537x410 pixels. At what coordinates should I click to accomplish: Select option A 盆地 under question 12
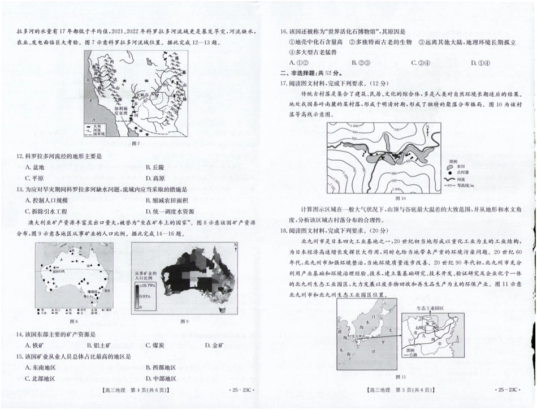(x=35, y=167)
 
